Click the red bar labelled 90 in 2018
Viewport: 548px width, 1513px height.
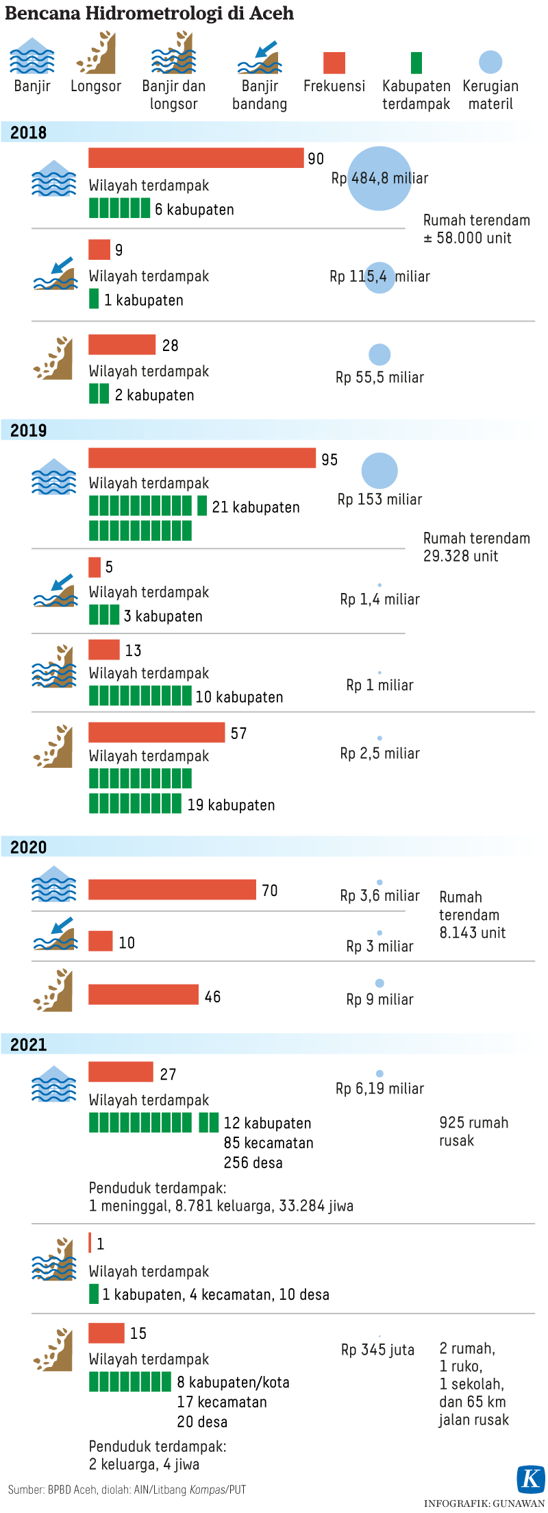(x=196, y=158)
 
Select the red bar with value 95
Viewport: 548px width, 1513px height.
(x=202, y=458)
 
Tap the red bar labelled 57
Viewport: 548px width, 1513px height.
(x=156, y=732)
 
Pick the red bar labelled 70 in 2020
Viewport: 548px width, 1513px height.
(x=172, y=889)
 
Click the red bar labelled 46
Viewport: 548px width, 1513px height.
(x=143, y=994)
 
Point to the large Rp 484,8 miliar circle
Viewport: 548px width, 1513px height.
(x=379, y=178)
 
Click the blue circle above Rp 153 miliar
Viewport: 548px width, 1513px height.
(x=379, y=471)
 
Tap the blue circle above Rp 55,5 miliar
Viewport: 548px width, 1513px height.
(x=379, y=354)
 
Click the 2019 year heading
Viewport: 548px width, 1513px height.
(x=29, y=431)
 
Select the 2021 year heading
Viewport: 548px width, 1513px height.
(x=29, y=1044)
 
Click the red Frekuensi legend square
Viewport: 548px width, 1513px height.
(x=334, y=62)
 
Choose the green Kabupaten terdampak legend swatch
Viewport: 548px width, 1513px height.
(x=416, y=62)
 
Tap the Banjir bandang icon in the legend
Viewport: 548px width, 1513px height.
(x=259, y=58)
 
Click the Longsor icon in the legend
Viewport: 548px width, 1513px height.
(x=96, y=53)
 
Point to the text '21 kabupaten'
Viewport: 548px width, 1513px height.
(x=256, y=507)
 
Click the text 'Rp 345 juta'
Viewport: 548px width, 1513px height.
(x=377, y=1350)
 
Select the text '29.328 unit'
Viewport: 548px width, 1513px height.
(x=460, y=556)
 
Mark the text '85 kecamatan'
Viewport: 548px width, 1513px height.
(x=269, y=1143)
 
